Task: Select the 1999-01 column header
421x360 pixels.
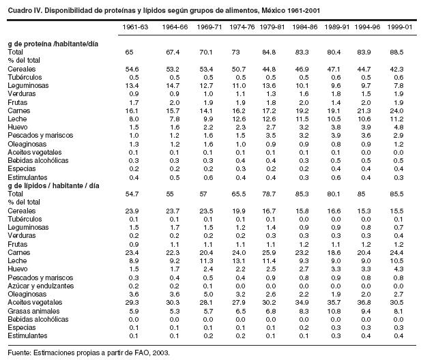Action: [x=397, y=29]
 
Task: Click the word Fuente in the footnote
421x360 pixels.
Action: [x=20, y=352]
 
